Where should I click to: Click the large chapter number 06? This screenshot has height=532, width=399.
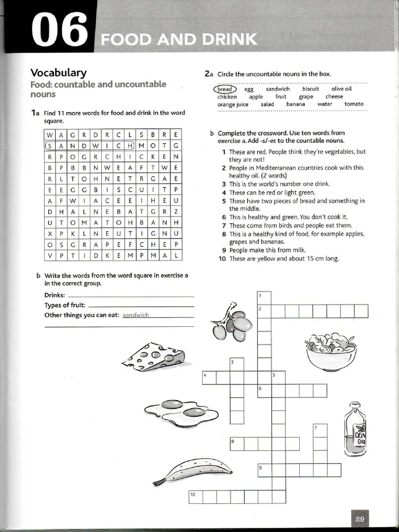pos(58,30)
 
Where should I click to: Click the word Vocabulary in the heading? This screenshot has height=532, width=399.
pos(58,73)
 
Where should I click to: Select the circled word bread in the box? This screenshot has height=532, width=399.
pos(224,89)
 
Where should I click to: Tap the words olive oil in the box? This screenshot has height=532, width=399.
pos(341,89)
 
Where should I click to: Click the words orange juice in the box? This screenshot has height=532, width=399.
pos(233,104)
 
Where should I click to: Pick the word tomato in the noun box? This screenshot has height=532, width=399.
pos(354,104)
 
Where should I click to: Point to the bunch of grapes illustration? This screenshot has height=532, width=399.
pos(231,322)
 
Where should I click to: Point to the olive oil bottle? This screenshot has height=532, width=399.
pos(355,429)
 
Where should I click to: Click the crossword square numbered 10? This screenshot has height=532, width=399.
pos(195,497)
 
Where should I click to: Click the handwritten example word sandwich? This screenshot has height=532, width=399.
pos(136,315)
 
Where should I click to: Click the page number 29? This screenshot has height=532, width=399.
pos(361,519)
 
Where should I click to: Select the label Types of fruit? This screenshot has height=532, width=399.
pos(65,305)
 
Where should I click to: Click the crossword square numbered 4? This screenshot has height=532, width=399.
pos(209,377)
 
